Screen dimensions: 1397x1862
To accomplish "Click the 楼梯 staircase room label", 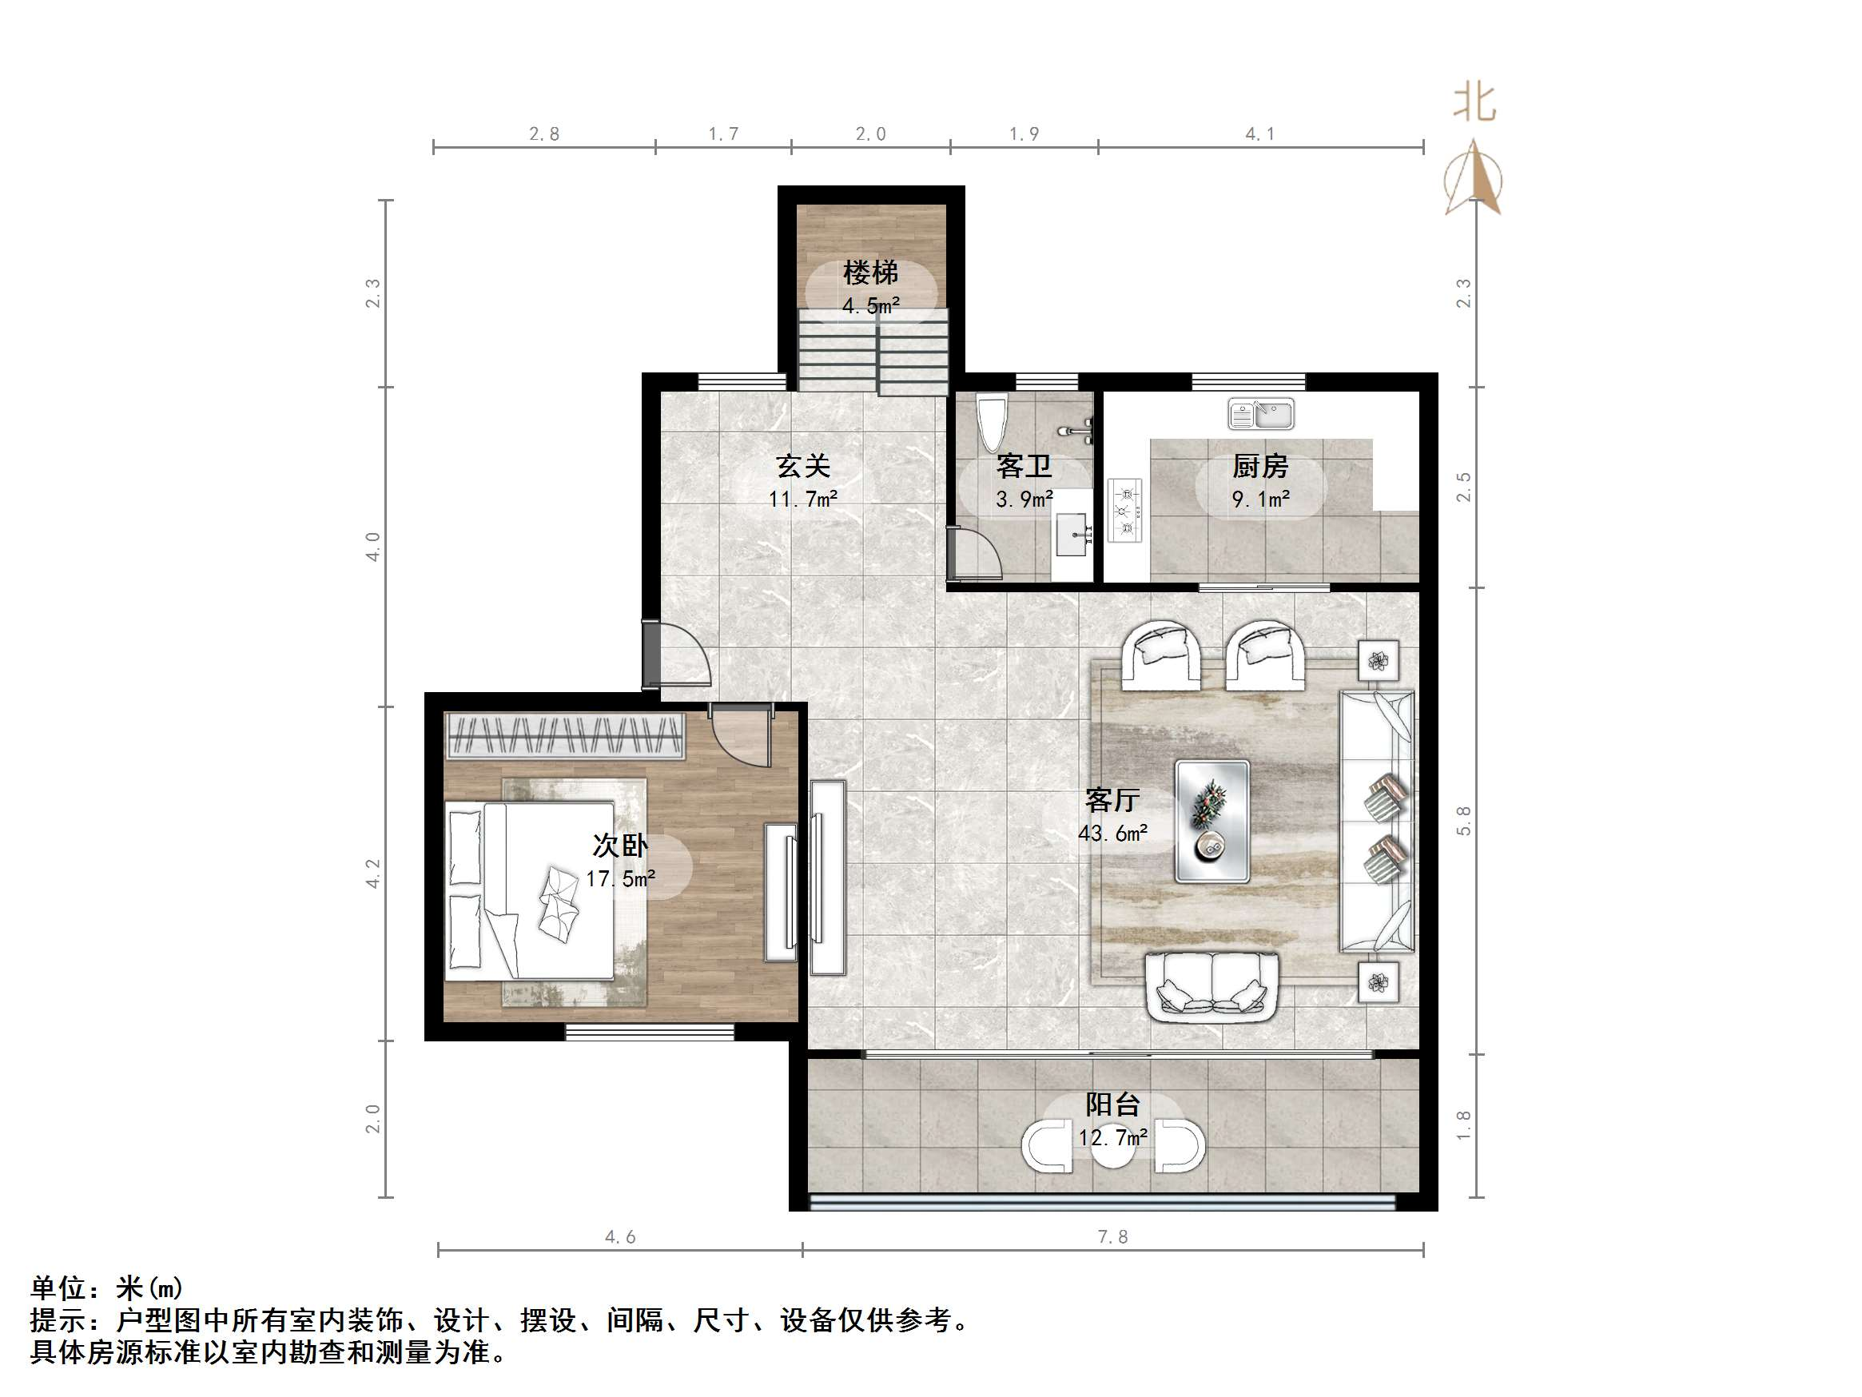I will coord(870,273).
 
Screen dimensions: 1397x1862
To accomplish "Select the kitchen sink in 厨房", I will coord(1260,414).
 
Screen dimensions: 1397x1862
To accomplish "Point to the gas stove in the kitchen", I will coord(1124,509).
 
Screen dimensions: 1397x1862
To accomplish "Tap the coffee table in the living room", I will coord(1211,821).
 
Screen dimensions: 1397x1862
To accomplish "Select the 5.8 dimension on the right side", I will coord(1464,820).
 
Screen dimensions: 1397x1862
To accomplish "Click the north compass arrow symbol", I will coord(1473,179).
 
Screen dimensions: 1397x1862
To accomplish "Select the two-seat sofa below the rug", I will coord(1211,986).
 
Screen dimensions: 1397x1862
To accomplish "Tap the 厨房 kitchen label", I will coord(1260,466).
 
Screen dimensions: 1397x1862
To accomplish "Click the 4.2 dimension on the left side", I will coord(373,874).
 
